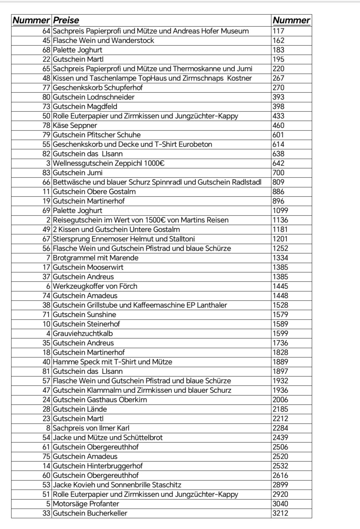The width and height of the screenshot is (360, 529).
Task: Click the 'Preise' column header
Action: (x=66, y=20)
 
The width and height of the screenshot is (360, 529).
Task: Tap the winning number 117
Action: (x=278, y=31)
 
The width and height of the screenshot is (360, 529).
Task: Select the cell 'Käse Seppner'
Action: (x=75, y=125)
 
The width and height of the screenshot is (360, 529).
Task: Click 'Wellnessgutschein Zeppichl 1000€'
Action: (x=109, y=163)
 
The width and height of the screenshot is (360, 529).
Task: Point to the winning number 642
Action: (x=278, y=163)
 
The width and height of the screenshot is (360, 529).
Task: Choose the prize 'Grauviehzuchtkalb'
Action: (x=83, y=334)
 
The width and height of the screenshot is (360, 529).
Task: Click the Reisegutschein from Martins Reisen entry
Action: (x=140, y=220)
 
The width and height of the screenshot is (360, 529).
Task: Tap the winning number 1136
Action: (x=280, y=220)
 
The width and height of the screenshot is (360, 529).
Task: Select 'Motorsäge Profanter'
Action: (x=86, y=504)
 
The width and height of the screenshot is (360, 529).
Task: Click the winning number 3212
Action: (x=280, y=513)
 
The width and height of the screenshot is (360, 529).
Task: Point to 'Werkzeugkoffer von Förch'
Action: (x=95, y=286)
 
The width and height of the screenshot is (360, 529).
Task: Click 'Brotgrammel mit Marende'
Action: (x=95, y=258)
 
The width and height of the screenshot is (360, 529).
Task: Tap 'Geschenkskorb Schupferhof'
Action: (x=98, y=88)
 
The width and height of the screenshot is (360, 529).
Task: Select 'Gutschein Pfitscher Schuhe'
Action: (x=97, y=135)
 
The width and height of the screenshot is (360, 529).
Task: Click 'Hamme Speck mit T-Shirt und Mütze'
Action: (x=112, y=362)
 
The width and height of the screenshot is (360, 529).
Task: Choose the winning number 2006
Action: (x=280, y=400)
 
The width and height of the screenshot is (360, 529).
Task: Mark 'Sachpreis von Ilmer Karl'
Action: (x=91, y=428)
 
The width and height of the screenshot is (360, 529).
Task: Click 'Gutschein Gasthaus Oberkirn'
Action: (x=100, y=400)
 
